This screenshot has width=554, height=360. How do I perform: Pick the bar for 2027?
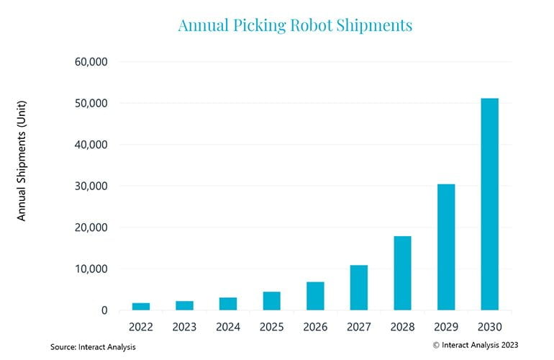click(x=359, y=287)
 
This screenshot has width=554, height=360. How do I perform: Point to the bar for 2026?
click(x=315, y=296)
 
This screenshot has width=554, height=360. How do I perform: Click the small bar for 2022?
click(x=141, y=307)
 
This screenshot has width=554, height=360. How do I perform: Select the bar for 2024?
click(x=228, y=304)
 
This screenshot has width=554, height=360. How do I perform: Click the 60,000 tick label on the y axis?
click(x=91, y=62)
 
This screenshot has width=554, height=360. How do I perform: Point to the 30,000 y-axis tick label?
click(x=91, y=186)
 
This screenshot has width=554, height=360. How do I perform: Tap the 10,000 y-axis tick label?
click(x=91, y=269)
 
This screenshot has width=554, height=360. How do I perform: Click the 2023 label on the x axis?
click(x=184, y=327)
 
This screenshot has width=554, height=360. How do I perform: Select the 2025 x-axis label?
click(x=271, y=327)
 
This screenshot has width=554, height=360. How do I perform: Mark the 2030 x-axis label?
click(x=489, y=327)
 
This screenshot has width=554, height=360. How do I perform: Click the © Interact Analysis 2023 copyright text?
click(x=475, y=345)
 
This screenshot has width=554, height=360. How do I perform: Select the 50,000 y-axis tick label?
click(x=91, y=104)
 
